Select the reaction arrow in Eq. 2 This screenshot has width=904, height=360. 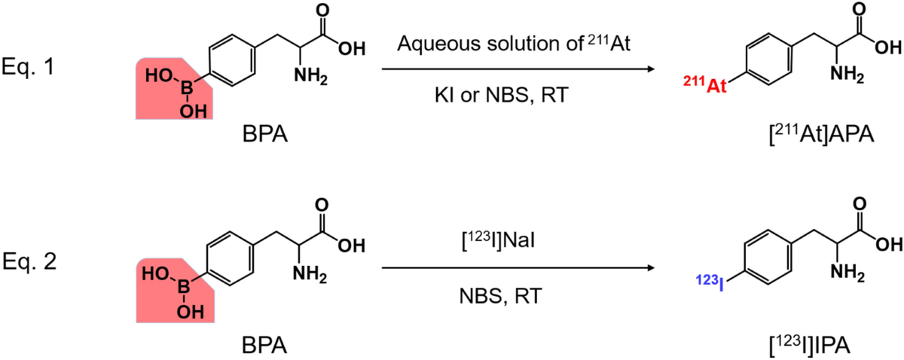click(517, 267)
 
